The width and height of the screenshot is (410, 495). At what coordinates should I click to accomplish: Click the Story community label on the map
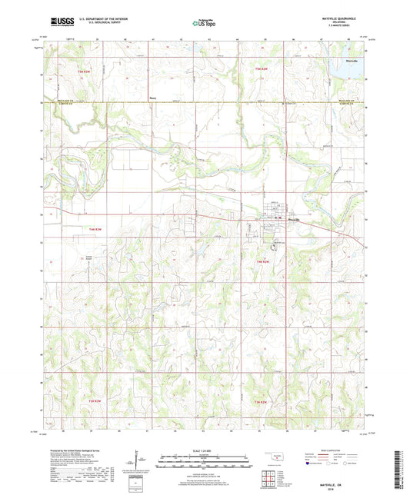coord(152,98)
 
